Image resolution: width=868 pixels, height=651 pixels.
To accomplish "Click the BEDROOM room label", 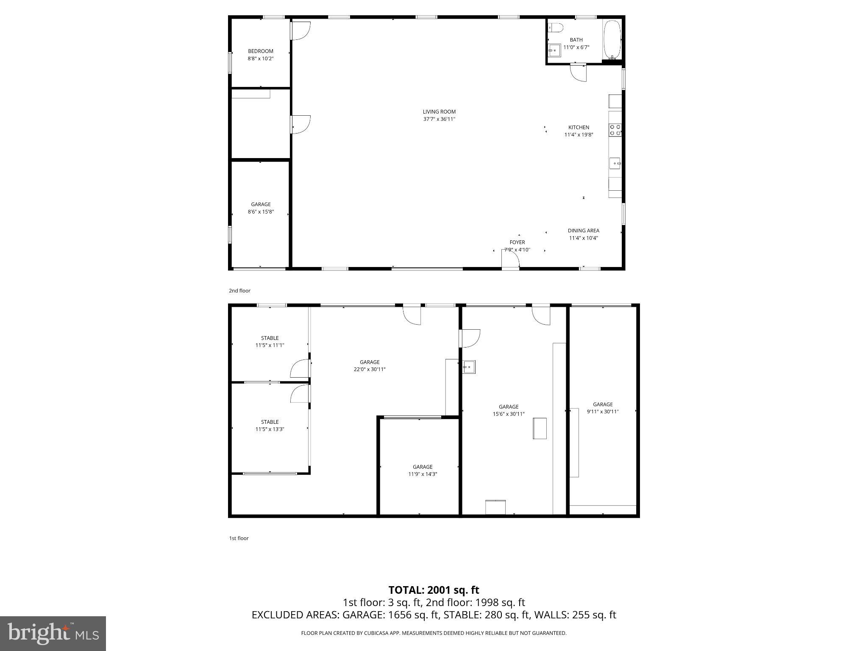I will pos(260,51).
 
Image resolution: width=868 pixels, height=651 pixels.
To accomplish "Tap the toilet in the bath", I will pos(555,28).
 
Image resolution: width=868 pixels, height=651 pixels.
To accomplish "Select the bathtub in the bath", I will pos(612,39).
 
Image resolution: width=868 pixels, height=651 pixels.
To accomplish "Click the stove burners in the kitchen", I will pos(615,130).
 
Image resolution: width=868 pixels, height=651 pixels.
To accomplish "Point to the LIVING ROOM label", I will pos(439,112).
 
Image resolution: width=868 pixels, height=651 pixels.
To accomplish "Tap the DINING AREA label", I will pos(583,231).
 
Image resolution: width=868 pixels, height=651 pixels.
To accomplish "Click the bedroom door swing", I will pos(301,31).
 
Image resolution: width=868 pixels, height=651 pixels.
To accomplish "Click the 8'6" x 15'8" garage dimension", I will pos(261,211).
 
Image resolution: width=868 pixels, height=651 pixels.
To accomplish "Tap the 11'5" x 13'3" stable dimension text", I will pos(270,429).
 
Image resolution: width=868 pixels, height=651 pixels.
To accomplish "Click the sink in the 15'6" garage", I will pos(469,367).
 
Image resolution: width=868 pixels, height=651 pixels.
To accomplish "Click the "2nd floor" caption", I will pos(239,291).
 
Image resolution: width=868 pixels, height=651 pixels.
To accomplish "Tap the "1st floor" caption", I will pos(239,538).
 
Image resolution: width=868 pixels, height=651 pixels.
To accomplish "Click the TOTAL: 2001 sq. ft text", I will pos(434,590).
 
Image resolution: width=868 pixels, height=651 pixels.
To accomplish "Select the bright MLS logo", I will pos(53,633).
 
